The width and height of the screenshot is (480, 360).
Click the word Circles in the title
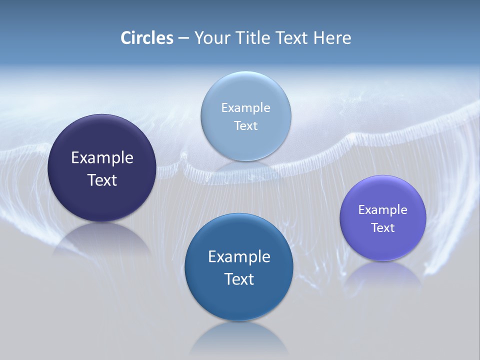(x=147, y=38)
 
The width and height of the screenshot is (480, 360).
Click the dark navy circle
(x=102, y=168)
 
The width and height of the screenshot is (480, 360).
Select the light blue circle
(x=245, y=116)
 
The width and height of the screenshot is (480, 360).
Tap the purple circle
(x=383, y=218)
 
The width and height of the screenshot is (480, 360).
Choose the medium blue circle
(x=239, y=267)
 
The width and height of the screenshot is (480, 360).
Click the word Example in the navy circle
(x=102, y=157)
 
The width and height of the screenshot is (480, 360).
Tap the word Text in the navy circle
(x=102, y=180)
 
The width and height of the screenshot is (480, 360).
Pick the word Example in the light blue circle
(x=245, y=107)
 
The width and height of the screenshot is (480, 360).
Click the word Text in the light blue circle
(x=245, y=125)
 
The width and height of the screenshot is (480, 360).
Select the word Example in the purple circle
(x=383, y=209)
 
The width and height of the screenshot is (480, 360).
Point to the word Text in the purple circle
(x=383, y=227)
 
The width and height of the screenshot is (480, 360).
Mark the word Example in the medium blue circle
(x=239, y=256)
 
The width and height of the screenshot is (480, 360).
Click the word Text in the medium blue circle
(x=239, y=279)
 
